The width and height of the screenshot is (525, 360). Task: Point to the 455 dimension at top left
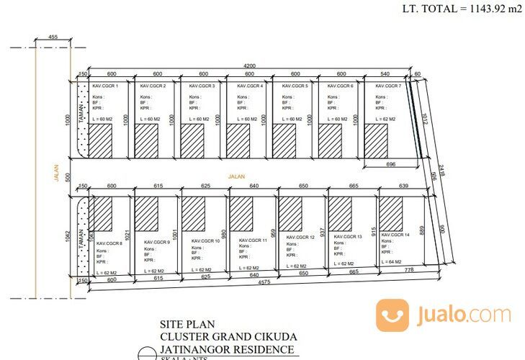53,36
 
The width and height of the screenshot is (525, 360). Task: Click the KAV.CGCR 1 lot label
105,86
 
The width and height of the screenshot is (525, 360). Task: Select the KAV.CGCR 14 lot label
396,235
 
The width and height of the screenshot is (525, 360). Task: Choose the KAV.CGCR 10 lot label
206,240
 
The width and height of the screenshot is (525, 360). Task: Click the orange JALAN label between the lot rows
236,175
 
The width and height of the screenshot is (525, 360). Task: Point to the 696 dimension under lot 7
390,165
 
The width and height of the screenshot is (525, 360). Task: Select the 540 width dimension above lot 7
385,73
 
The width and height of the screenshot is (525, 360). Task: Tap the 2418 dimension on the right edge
444,170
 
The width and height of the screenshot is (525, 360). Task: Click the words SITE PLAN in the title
179,323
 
